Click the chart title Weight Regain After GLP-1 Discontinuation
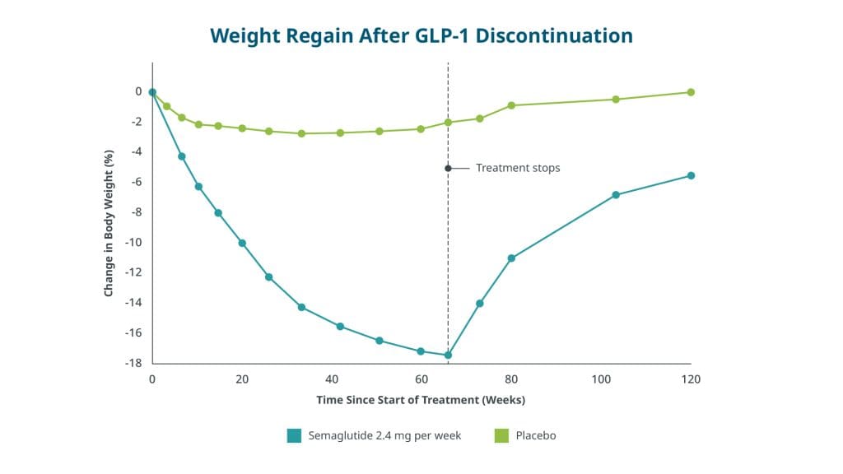pos(421,35)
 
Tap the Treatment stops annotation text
pos(518,168)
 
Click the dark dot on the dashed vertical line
pos(448,168)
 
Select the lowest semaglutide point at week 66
pos(448,355)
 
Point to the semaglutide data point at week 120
pos(691,175)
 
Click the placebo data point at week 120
pos(691,92)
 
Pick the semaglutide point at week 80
pos(511,258)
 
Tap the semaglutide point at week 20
pos(242,243)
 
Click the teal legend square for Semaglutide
pos(294,435)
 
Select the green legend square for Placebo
pos(501,435)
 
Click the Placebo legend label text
pos(536,435)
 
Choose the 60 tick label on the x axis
pos(421,379)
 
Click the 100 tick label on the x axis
pos(601,379)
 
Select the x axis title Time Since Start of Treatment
pos(421,400)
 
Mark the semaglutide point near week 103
pos(615,195)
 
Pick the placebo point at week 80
pos(511,105)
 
